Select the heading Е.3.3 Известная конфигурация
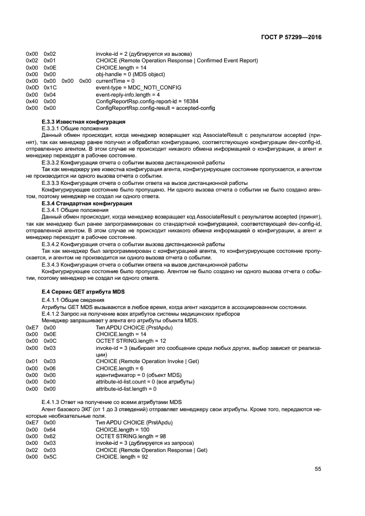83,121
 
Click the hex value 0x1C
50,88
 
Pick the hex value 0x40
31,102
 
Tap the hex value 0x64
50,429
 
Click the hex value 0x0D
31,88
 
